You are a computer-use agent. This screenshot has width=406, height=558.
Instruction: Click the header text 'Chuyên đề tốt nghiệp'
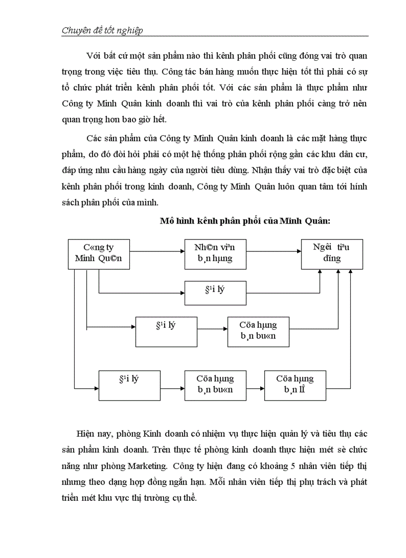point(102,31)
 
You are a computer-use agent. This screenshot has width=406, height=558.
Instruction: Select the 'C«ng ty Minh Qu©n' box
point(99,254)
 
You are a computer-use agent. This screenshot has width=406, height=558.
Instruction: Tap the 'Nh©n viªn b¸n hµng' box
point(215,254)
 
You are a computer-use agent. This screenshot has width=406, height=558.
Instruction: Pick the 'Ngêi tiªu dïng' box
point(332,254)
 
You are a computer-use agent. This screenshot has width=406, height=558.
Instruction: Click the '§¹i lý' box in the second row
point(215,293)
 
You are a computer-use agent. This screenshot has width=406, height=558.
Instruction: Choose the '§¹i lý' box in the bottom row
point(129,385)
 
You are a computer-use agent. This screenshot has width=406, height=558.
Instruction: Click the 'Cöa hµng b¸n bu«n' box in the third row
point(258,331)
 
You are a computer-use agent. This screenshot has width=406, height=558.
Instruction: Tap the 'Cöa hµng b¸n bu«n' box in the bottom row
point(215,385)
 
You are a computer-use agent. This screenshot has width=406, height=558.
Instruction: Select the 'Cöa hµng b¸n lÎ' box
point(296,385)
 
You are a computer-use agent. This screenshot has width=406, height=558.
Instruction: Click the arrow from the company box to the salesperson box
point(157,251)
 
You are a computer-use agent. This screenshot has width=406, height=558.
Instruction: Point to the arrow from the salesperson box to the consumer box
point(274,251)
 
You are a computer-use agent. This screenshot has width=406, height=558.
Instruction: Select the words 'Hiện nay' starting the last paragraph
point(93,434)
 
